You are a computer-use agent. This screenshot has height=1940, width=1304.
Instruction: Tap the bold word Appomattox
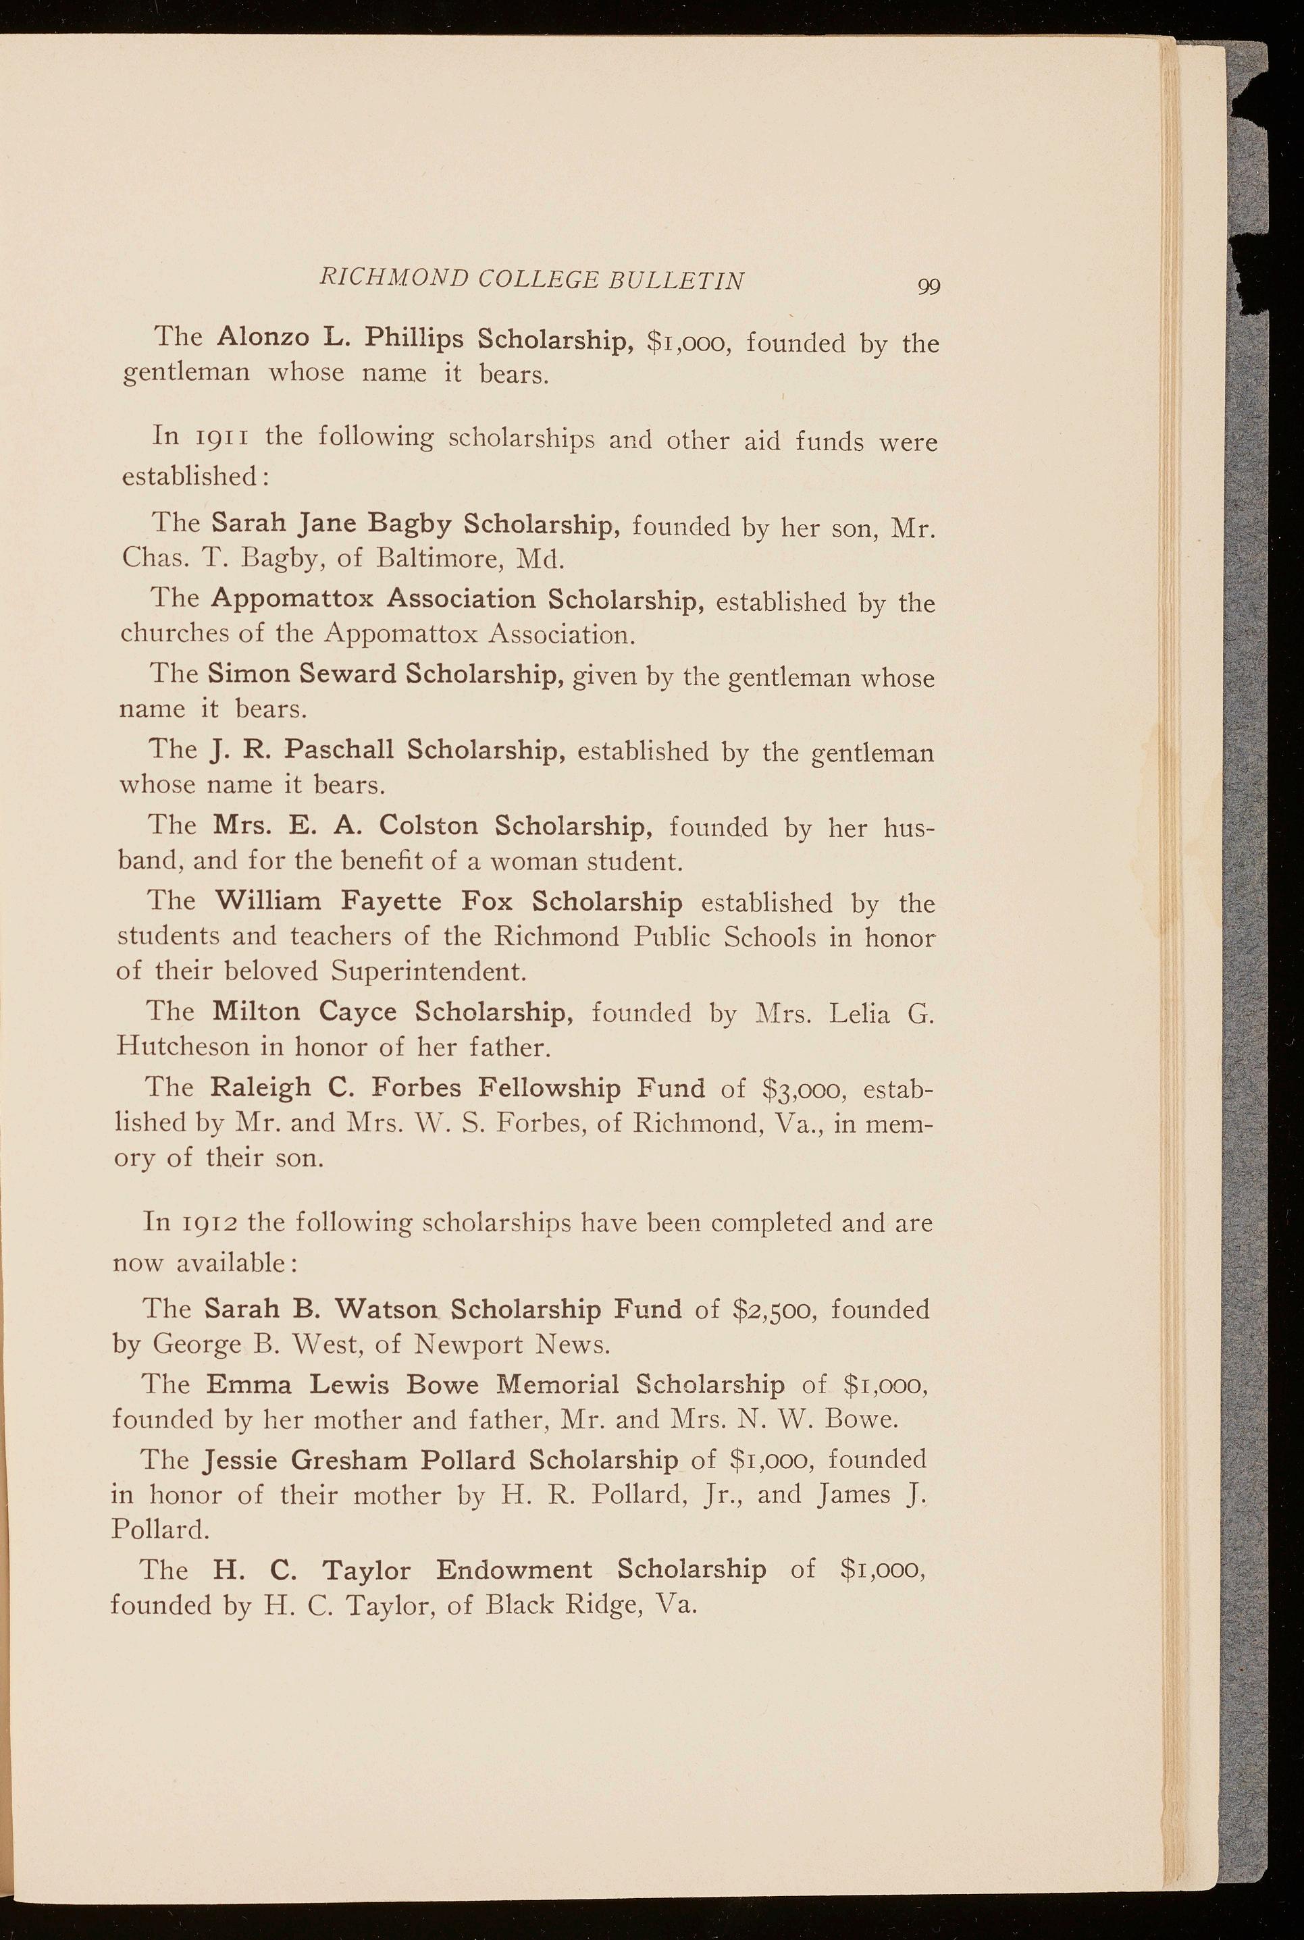[292, 599]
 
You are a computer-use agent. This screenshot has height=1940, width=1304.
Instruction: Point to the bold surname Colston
[429, 826]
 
